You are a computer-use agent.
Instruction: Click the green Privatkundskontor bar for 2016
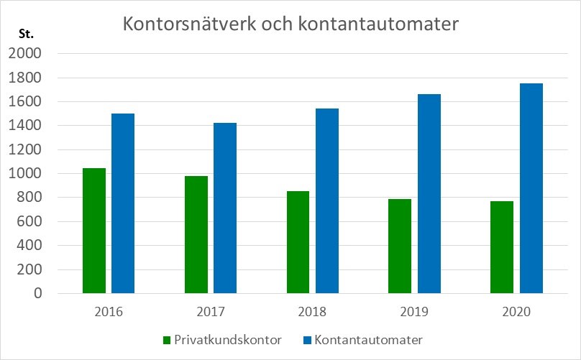(94, 231)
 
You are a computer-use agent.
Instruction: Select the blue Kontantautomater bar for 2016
(123, 203)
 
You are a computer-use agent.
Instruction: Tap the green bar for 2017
(196, 234)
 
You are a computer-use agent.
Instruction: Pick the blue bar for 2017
(225, 208)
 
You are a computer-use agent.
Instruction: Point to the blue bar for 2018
(327, 201)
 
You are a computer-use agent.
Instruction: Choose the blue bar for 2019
(429, 194)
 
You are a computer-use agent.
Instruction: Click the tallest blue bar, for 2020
(531, 188)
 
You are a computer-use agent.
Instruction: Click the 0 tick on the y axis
(37, 293)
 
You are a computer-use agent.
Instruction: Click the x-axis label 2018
(312, 312)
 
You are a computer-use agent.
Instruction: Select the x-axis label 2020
(516, 312)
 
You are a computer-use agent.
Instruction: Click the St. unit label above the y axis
(26, 34)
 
